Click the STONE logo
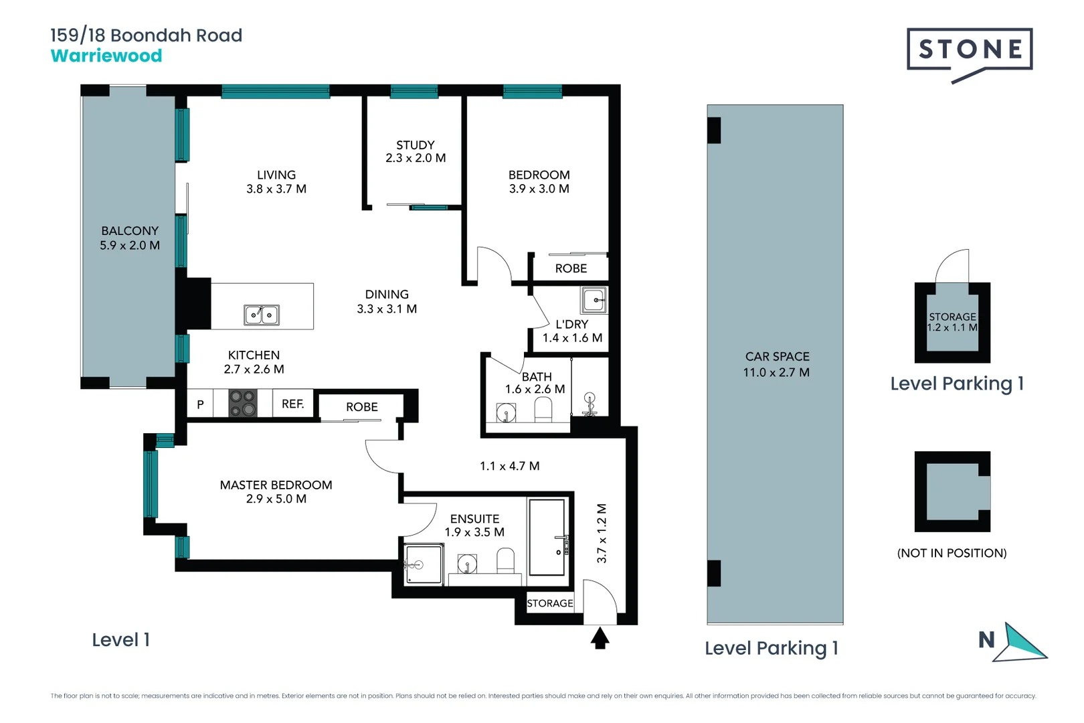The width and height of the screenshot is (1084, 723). click(970, 50)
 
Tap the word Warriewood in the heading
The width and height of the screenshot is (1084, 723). click(106, 56)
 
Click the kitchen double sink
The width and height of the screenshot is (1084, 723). click(262, 315)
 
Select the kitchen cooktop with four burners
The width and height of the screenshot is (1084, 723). click(243, 404)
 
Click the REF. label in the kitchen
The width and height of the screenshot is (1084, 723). click(293, 404)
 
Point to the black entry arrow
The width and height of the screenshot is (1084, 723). click(600, 638)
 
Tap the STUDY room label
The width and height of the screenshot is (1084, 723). click(415, 145)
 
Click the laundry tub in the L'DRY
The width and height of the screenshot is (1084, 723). click(594, 300)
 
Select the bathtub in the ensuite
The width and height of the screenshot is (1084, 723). click(547, 537)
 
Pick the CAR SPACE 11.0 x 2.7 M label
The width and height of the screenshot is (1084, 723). click(776, 364)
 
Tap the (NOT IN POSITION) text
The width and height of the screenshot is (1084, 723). click(952, 553)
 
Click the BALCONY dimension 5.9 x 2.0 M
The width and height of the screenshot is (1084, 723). click(130, 246)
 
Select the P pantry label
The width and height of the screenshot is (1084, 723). click(200, 404)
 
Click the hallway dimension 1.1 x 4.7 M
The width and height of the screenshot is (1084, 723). click(509, 466)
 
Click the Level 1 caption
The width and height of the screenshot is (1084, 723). click(120, 640)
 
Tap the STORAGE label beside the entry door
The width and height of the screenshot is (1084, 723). click(550, 603)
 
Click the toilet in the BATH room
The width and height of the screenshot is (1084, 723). click(543, 410)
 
